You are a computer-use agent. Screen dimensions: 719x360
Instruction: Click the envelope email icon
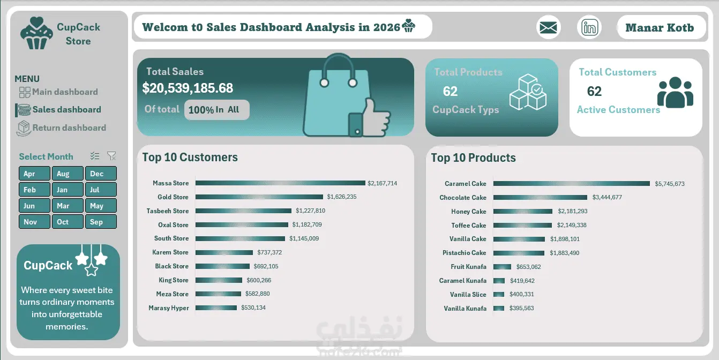coord(548,28)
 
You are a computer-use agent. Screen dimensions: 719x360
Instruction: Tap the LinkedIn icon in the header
coord(589,28)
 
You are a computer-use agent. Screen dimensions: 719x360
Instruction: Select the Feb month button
coord(34,190)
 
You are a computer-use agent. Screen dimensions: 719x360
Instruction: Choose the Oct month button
coord(68,222)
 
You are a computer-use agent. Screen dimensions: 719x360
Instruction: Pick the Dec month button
coord(101,174)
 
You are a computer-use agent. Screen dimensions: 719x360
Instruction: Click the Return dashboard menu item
coord(61,127)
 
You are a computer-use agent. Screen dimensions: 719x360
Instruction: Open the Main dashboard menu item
coord(58,92)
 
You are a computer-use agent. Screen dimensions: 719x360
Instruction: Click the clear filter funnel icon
coord(111,156)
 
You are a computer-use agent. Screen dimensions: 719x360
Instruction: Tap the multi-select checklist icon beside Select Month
coord(95,156)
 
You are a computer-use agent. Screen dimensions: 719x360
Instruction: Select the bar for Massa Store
coord(280,183)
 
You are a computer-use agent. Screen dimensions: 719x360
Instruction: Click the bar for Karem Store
coord(224,252)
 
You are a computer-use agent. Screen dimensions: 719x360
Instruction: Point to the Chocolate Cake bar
coord(540,197)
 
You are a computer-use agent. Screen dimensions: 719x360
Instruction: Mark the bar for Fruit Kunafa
coord(502,267)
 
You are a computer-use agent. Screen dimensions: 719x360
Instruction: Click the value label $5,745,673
coord(670,184)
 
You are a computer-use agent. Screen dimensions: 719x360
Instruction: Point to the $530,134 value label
coord(253,307)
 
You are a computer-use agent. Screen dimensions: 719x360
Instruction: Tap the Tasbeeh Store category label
coord(168,211)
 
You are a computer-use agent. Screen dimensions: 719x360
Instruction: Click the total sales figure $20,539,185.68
coord(188,88)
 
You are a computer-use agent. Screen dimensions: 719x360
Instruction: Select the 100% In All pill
coord(216,110)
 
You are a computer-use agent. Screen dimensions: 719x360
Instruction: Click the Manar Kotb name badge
coord(661,28)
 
